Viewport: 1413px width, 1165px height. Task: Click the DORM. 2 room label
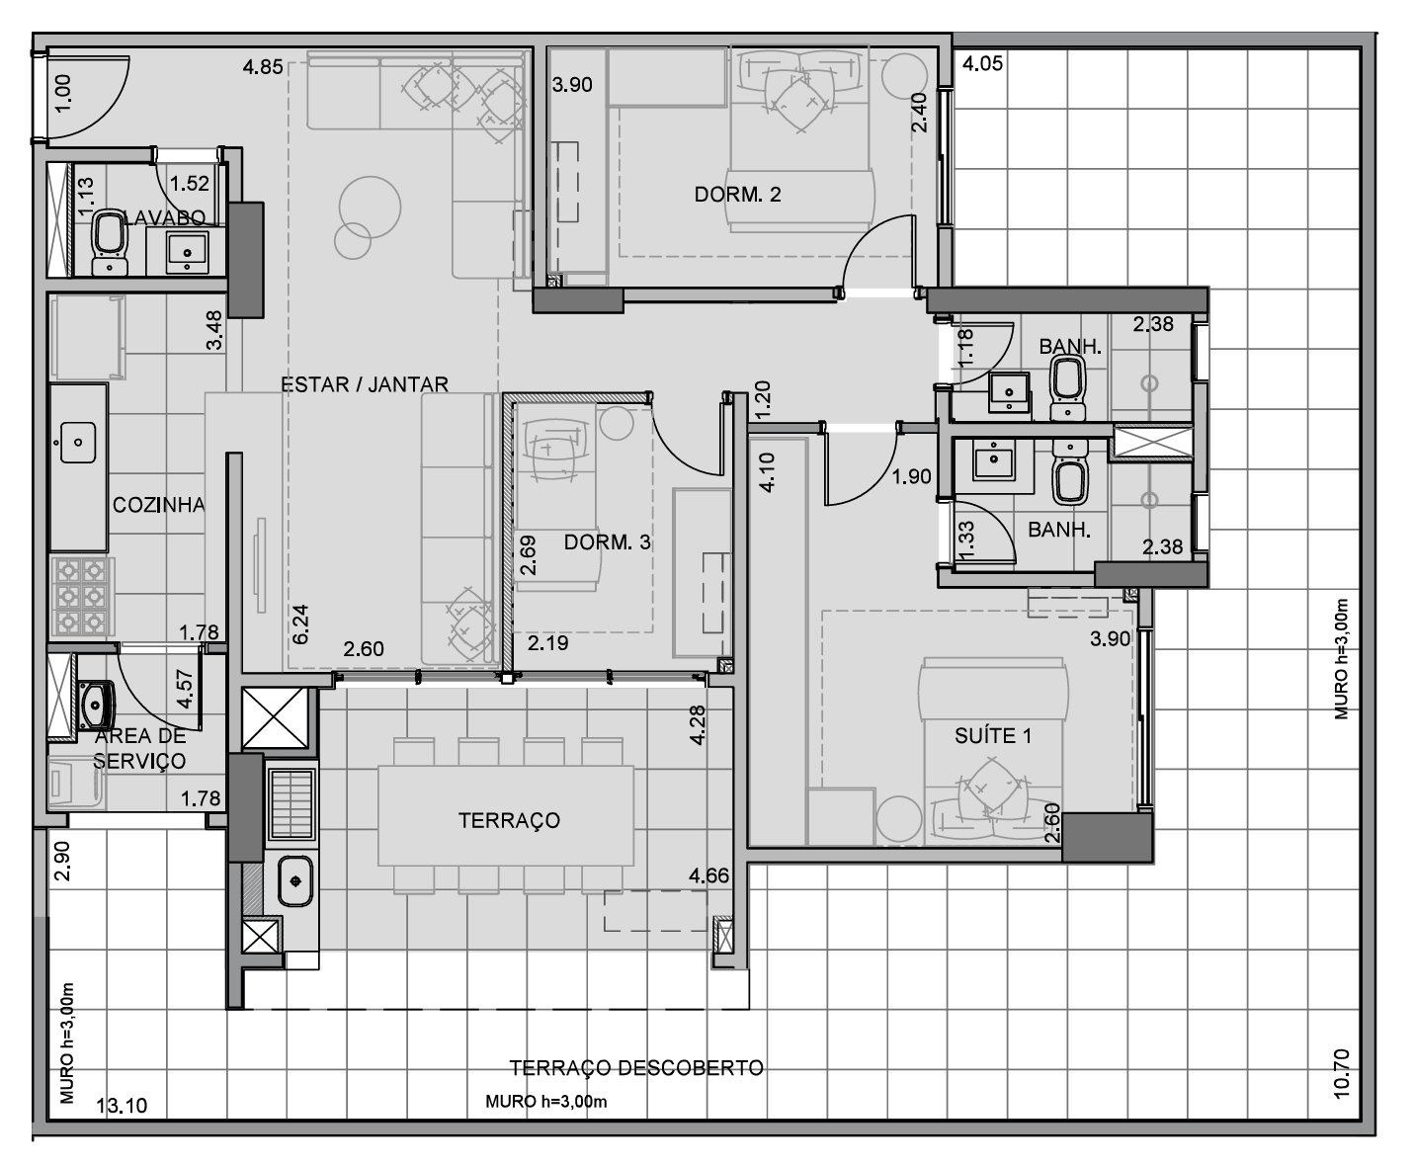tap(738, 195)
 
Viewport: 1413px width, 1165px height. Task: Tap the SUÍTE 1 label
tap(993, 736)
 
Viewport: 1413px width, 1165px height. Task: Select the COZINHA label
tap(158, 505)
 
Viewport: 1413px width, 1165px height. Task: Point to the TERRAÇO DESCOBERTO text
tap(636, 1068)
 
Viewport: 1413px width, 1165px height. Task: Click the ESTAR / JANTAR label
tap(364, 384)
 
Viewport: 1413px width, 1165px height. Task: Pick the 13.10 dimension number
tap(122, 1106)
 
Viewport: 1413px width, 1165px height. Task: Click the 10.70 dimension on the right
tap(1343, 1074)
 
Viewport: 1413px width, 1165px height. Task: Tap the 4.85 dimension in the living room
tap(263, 67)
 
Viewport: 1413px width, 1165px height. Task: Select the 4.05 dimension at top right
tap(982, 63)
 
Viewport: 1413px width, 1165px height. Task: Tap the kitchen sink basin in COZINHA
tap(78, 443)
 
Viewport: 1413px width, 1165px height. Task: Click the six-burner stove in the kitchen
tap(80, 597)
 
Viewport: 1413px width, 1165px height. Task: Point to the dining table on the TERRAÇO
tap(506, 816)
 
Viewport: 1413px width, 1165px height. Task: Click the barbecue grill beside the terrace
tap(292, 803)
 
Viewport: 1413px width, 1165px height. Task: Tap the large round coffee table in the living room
tap(370, 208)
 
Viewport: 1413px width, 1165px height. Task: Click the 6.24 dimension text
tap(300, 624)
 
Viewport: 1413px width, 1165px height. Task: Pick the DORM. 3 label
tap(607, 542)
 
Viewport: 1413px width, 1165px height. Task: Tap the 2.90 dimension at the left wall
tap(62, 861)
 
